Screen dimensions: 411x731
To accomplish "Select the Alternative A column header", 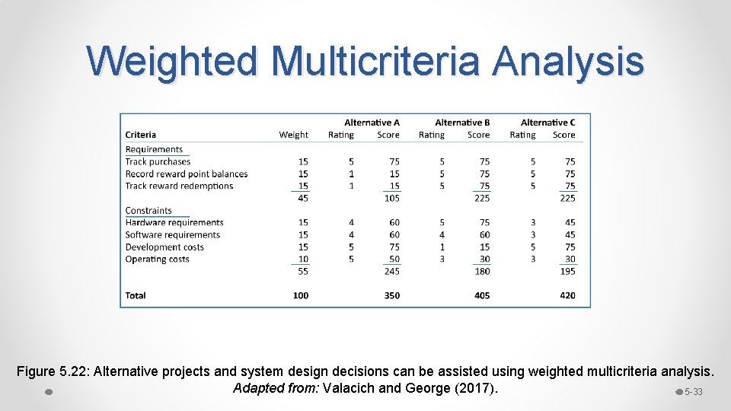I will click(x=372, y=123).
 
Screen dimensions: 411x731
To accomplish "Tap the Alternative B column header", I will click(x=462, y=123).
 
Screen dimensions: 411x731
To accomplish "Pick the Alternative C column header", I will click(x=547, y=123).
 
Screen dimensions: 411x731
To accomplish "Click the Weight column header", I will click(x=293, y=135).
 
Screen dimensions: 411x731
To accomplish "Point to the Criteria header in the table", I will click(x=141, y=135).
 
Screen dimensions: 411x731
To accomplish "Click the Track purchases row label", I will click(x=158, y=161).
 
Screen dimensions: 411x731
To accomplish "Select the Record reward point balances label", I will click(x=187, y=174).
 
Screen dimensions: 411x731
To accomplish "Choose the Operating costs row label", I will click(x=157, y=259).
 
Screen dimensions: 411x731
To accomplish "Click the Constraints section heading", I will click(x=148, y=210).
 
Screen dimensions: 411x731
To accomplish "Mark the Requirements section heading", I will click(x=154, y=149).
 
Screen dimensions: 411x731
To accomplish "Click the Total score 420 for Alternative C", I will click(x=567, y=295).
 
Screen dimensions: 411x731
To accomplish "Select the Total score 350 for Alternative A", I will click(x=391, y=295).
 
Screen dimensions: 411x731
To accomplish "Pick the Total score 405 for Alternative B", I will click(x=481, y=295).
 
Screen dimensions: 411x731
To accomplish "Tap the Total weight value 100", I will click(x=300, y=295).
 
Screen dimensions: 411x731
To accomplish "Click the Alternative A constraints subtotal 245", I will click(x=391, y=271).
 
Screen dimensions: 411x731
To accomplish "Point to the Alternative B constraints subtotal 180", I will click(x=481, y=271).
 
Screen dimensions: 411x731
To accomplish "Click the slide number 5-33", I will click(x=693, y=392).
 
